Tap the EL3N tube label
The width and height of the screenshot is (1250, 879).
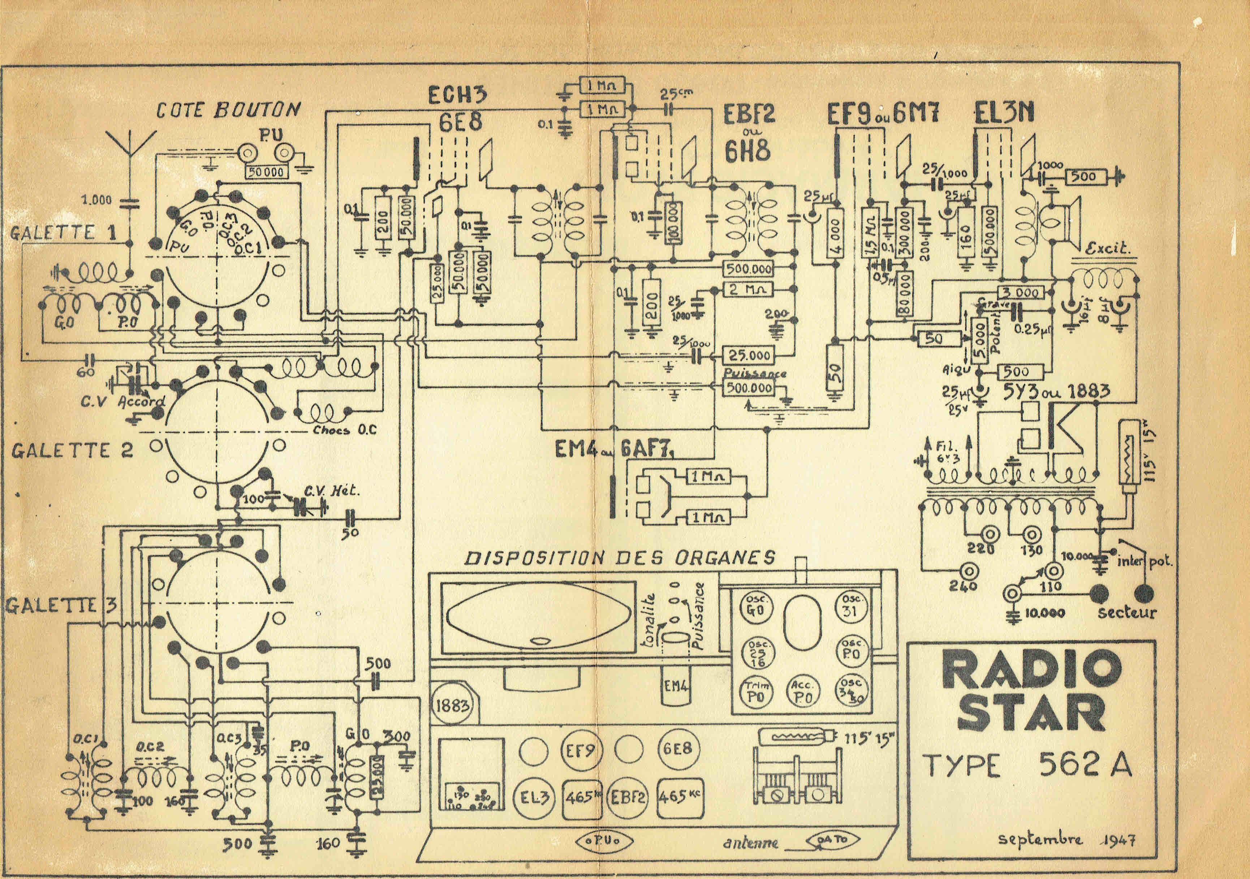(1003, 113)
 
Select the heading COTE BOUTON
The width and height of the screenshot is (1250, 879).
(228, 110)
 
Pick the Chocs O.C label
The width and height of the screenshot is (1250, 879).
(345, 430)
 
